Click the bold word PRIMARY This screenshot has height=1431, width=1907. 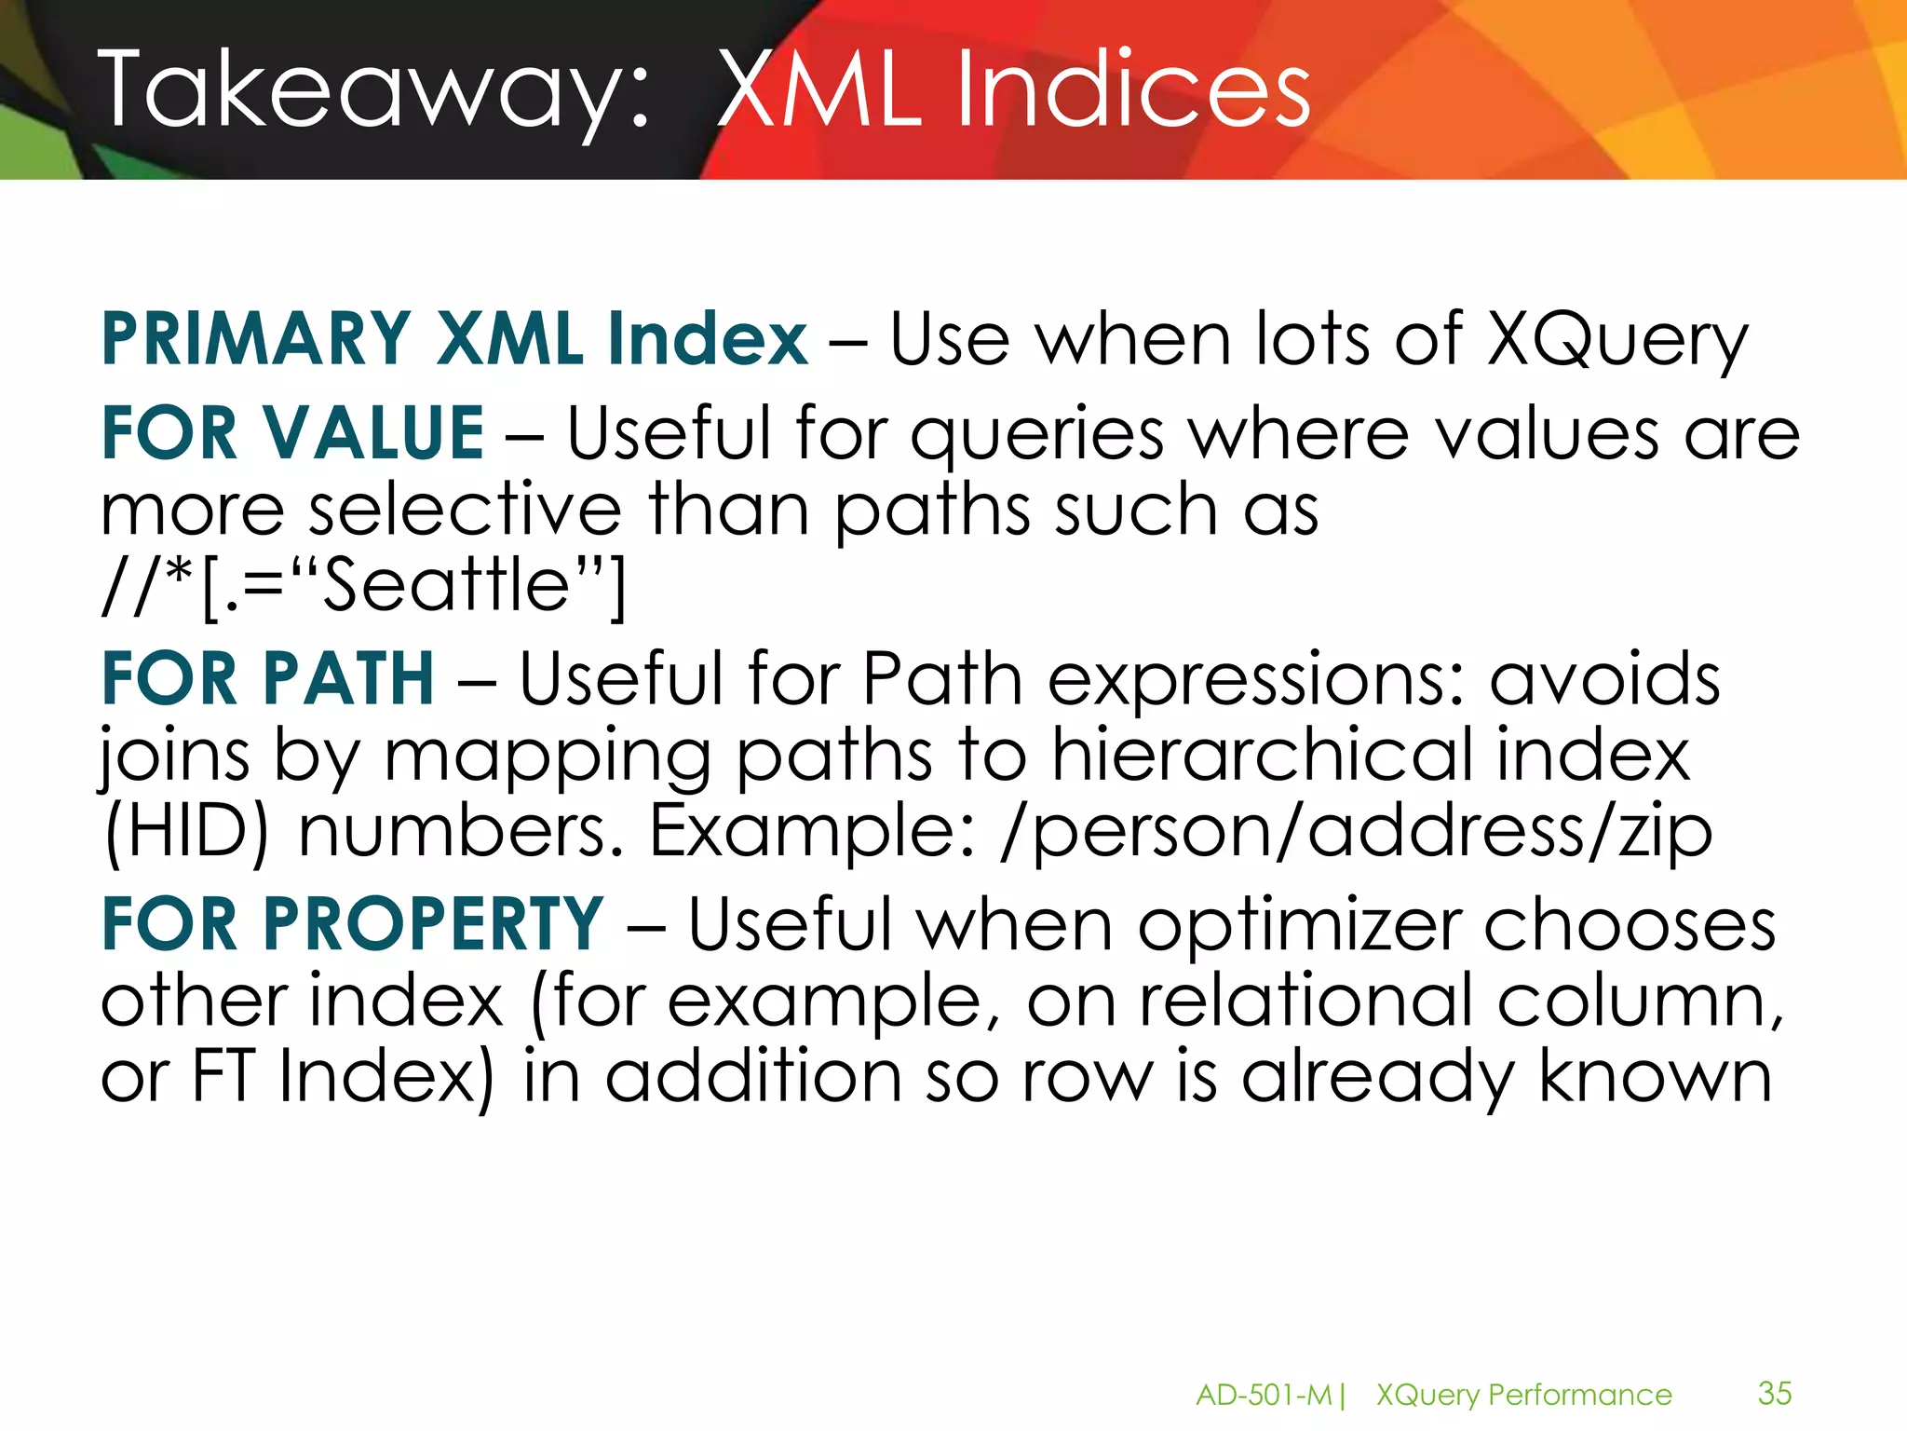[255, 339]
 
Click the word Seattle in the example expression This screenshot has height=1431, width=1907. [445, 585]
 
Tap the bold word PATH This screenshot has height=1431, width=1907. [349, 678]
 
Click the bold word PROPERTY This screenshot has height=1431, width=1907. [433, 924]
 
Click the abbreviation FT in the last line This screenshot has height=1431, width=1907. [223, 1077]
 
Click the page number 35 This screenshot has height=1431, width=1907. [1774, 1393]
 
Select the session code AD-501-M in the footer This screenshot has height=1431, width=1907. [1264, 1395]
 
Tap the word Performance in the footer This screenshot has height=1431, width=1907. [1579, 1395]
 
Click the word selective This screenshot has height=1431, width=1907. [465, 510]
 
